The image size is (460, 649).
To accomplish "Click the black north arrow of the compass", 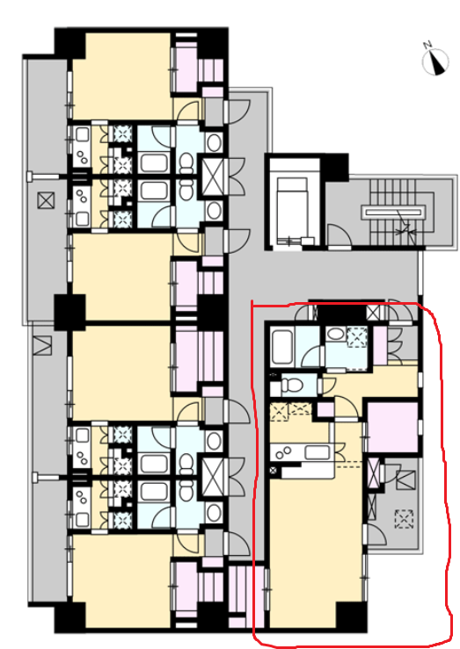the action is click(438, 64).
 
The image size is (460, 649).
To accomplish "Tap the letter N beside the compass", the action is click(427, 45).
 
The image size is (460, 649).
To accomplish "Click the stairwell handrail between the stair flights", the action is click(394, 213).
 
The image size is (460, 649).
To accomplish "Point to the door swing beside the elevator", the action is click(339, 236).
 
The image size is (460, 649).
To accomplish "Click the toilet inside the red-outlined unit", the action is click(291, 386).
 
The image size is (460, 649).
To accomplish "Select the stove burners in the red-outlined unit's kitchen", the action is click(284, 452).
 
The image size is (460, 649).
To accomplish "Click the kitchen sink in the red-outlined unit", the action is click(317, 452).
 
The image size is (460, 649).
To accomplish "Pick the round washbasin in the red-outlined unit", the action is click(335, 334).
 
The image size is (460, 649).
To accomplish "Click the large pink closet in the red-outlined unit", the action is click(392, 426).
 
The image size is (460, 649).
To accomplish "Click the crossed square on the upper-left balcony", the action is click(46, 201).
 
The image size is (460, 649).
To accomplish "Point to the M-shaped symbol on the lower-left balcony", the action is click(42, 346).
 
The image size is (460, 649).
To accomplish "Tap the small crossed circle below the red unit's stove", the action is click(274, 470).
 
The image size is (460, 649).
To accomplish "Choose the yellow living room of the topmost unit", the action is click(121, 76).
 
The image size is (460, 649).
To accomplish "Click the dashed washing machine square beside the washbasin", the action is click(357, 336).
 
